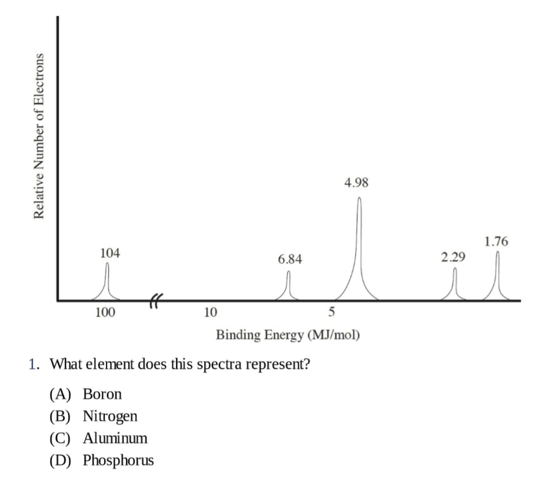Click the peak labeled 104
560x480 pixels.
pos(107,280)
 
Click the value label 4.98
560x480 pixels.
pos(356,182)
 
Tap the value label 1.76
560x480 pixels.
pos(496,241)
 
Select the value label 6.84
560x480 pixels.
pos(290,259)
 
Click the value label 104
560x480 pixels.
pos(110,253)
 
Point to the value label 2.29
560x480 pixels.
pos(453,257)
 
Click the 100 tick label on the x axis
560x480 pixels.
pos(105,312)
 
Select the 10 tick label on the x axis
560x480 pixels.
pos(210,312)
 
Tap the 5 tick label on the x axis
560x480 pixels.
pos(331,312)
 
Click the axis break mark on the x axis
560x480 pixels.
pos(155,300)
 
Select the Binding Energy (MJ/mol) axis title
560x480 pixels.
pos(288,335)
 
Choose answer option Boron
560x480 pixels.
pos(102,394)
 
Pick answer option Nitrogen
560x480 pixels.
pos(110,416)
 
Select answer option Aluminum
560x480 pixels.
pos(115,438)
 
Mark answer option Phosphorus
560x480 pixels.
pos(118,460)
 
